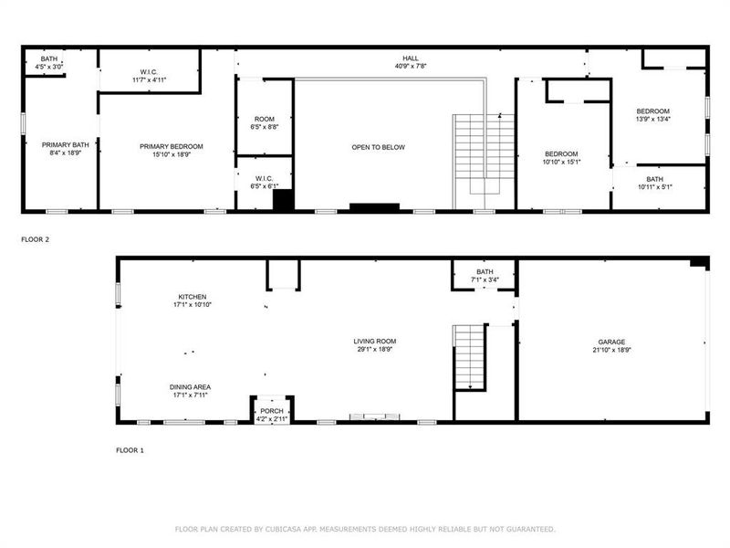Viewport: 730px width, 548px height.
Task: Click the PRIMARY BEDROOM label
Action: coord(171,146)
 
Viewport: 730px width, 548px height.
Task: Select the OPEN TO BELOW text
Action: coord(378,147)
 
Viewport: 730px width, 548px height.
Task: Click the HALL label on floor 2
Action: coord(411,58)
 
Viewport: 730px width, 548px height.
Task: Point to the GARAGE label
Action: coord(611,342)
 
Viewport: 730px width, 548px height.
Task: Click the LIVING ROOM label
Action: coord(375,342)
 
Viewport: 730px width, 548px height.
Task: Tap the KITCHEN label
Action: coord(193,297)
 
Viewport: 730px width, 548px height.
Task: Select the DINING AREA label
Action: coord(190,386)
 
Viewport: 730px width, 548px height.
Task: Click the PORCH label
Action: coord(272,411)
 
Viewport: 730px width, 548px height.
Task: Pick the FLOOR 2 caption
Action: coord(35,239)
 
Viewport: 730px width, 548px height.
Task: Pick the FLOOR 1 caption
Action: coord(130,450)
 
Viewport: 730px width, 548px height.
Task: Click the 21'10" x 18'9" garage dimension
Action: coord(611,350)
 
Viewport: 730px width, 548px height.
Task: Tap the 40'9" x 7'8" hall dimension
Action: coord(411,66)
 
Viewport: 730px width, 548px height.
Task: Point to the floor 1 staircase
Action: coord(469,356)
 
